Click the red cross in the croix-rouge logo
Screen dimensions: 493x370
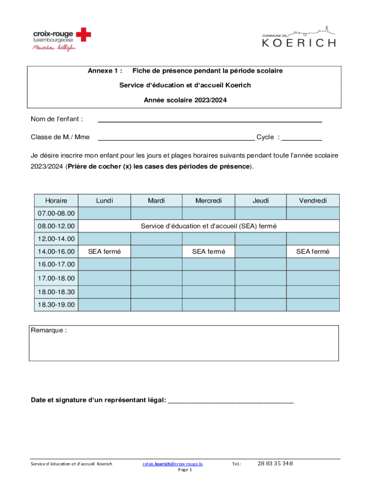pos(84,34)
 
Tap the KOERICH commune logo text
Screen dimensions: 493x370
pos(298,42)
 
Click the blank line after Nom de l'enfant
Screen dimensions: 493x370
pos(210,119)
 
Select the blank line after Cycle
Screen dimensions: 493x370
pos(301,137)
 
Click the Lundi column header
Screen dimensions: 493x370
pos(104,201)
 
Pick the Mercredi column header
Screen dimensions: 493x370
pos(209,201)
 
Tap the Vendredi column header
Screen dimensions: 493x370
pos(312,201)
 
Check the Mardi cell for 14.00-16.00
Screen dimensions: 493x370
pos(156,251)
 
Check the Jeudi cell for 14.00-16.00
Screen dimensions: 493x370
pos(260,251)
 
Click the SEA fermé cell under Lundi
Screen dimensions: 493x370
pos(104,251)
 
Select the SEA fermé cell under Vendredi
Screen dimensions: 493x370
pos(312,251)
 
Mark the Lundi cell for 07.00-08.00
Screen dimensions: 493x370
pos(104,213)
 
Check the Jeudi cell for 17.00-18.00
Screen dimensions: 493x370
pos(260,278)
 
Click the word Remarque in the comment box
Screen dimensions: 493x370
pos(49,331)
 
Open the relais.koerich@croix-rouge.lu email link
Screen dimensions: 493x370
pos(173,464)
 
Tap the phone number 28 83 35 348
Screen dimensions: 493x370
pos(275,464)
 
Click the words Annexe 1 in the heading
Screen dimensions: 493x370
pos(104,71)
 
